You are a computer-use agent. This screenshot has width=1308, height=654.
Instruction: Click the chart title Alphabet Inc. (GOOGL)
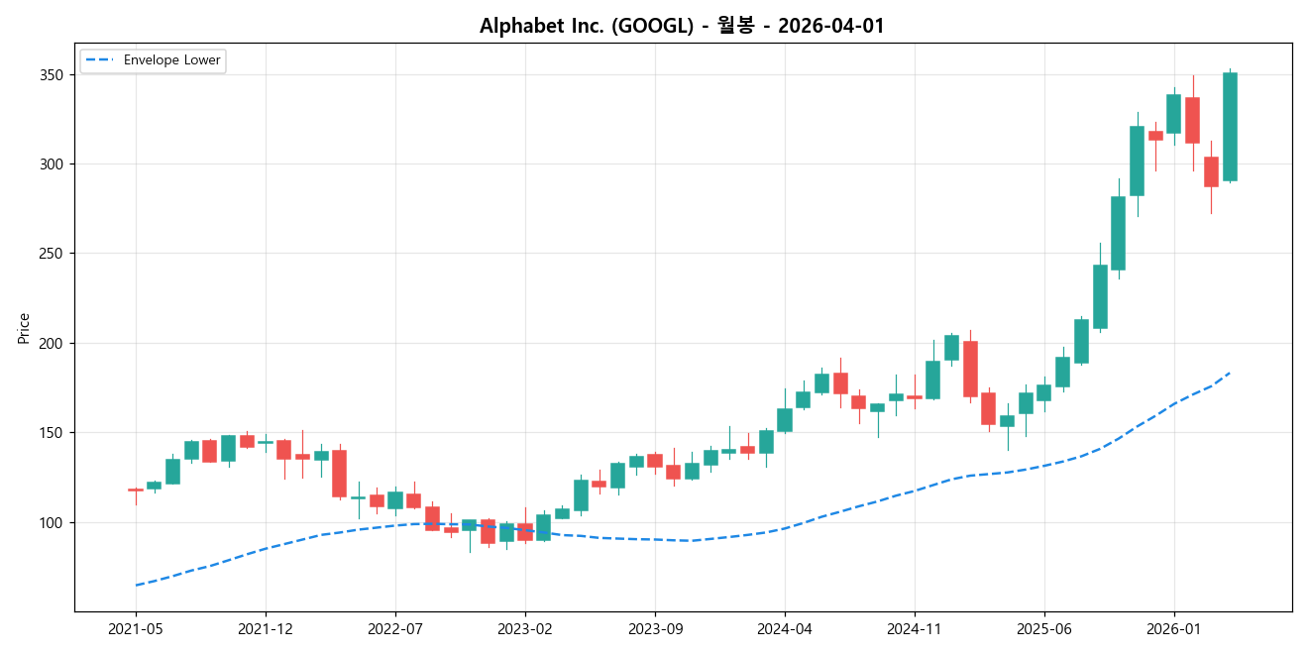click(x=682, y=26)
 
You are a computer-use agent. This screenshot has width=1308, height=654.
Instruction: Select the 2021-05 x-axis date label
click(x=136, y=628)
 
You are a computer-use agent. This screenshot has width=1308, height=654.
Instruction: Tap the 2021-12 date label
click(x=266, y=628)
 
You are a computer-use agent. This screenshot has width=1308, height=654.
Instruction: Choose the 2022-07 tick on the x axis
click(x=395, y=628)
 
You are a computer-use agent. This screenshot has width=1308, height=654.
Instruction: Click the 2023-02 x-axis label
click(x=525, y=628)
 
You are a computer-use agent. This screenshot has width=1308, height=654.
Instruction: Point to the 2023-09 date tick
click(x=655, y=628)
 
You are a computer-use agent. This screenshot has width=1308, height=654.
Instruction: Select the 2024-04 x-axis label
click(x=785, y=628)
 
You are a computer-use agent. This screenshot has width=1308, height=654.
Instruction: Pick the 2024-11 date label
click(x=915, y=628)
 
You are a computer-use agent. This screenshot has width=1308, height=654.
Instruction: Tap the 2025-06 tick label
click(x=1044, y=628)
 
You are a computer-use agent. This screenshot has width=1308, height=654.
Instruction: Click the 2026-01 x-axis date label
click(x=1174, y=628)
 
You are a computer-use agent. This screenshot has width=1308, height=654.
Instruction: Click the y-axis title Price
click(x=24, y=328)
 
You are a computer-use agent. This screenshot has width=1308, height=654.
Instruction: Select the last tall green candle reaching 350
click(x=1230, y=127)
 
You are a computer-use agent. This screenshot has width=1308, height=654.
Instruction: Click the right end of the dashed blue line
click(x=1230, y=373)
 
